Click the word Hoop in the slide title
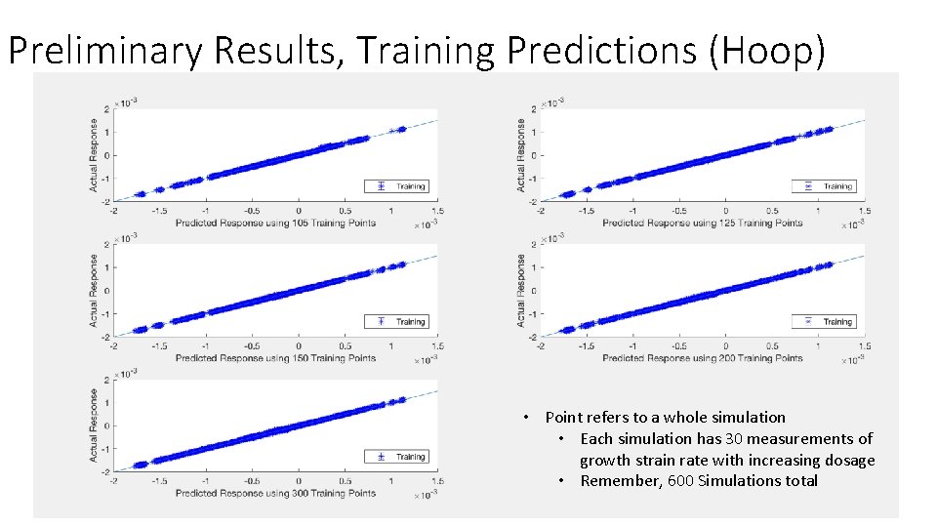(768, 51)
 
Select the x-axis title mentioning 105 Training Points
(275, 223)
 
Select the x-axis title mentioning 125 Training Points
(702, 223)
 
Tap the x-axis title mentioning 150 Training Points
(275, 358)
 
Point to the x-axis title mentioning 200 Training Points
(702, 358)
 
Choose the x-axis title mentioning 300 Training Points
(275, 493)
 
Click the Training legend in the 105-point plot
(396, 186)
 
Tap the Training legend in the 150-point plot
(396, 321)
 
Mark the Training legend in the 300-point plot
(396, 456)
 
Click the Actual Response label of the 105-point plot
(95, 155)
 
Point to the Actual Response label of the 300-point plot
(95, 426)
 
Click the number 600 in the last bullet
(680, 480)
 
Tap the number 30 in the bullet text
(735, 438)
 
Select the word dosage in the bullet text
(847, 460)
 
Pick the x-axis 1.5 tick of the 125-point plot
(864, 211)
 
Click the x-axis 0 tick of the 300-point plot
(299, 480)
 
